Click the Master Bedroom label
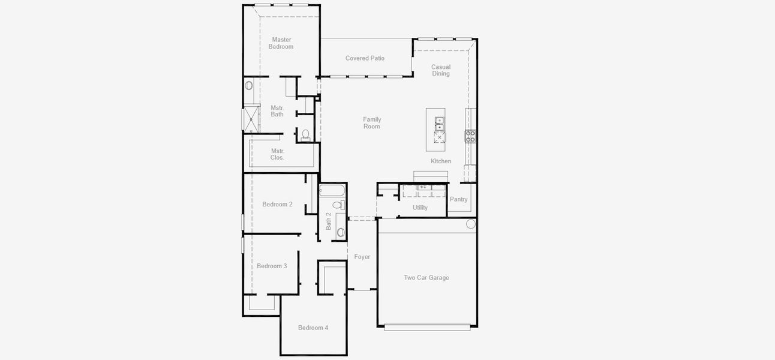281,43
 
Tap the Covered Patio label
365,58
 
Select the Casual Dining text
441,70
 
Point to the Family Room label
372,123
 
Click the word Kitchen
441,161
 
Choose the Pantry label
458,199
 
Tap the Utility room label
420,208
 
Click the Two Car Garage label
426,278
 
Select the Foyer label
362,257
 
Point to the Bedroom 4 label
313,328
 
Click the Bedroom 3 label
272,266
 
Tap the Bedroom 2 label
277,205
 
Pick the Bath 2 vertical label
328,221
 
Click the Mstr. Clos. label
278,154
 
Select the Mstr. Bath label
277,111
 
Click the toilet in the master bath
305,135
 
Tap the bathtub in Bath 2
332,190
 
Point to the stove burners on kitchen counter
470,136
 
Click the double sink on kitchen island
440,124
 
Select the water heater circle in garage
470,224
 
